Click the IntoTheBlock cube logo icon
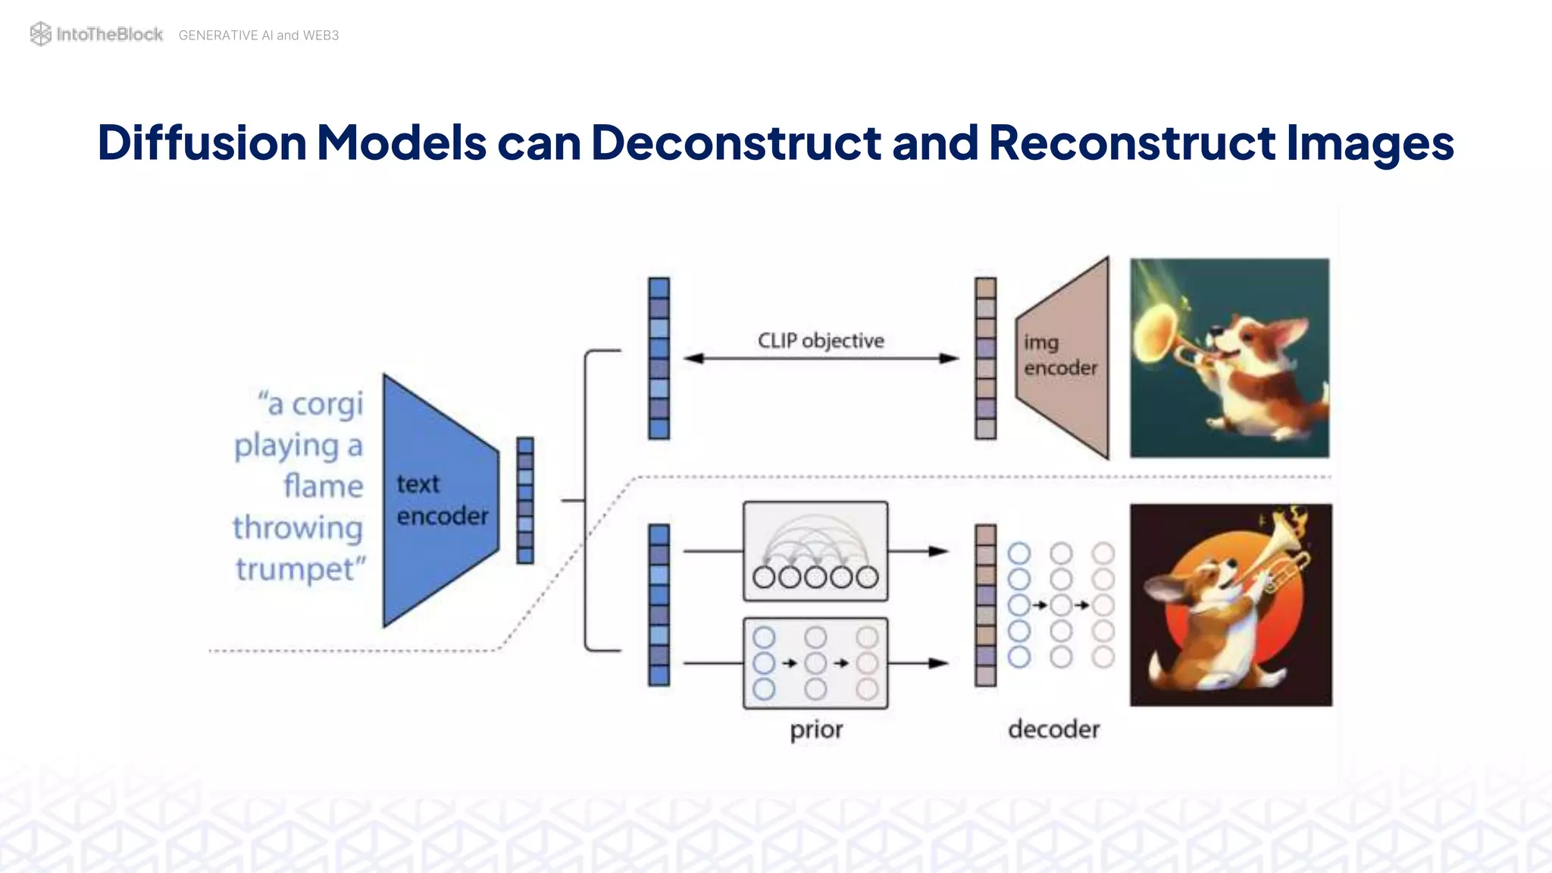pyautogui.click(x=40, y=34)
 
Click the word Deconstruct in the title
pyautogui.click(x=736, y=142)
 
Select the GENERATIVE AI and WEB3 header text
pyautogui.click(x=258, y=36)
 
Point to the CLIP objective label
pyautogui.click(x=821, y=341)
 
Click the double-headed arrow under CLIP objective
pyautogui.click(x=821, y=358)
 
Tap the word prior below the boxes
pyautogui.click(x=816, y=730)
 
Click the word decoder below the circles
pyautogui.click(x=1053, y=730)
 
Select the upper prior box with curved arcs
pyautogui.click(x=815, y=551)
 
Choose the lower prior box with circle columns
pyautogui.click(x=815, y=663)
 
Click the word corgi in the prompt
pyautogui.click(x=327, y=405)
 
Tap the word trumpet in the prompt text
pyautogui.click(x=295, y=569)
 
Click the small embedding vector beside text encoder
pyautogui.click(x=525, y=500)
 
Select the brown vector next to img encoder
pyautogui.click(x=985, y=358)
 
